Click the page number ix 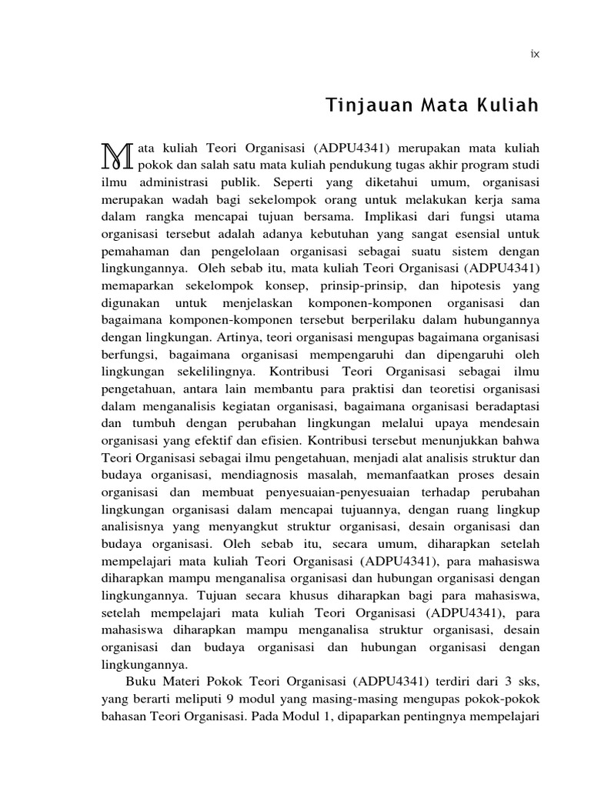click(535, 54)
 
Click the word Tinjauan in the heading click(359, 105)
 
